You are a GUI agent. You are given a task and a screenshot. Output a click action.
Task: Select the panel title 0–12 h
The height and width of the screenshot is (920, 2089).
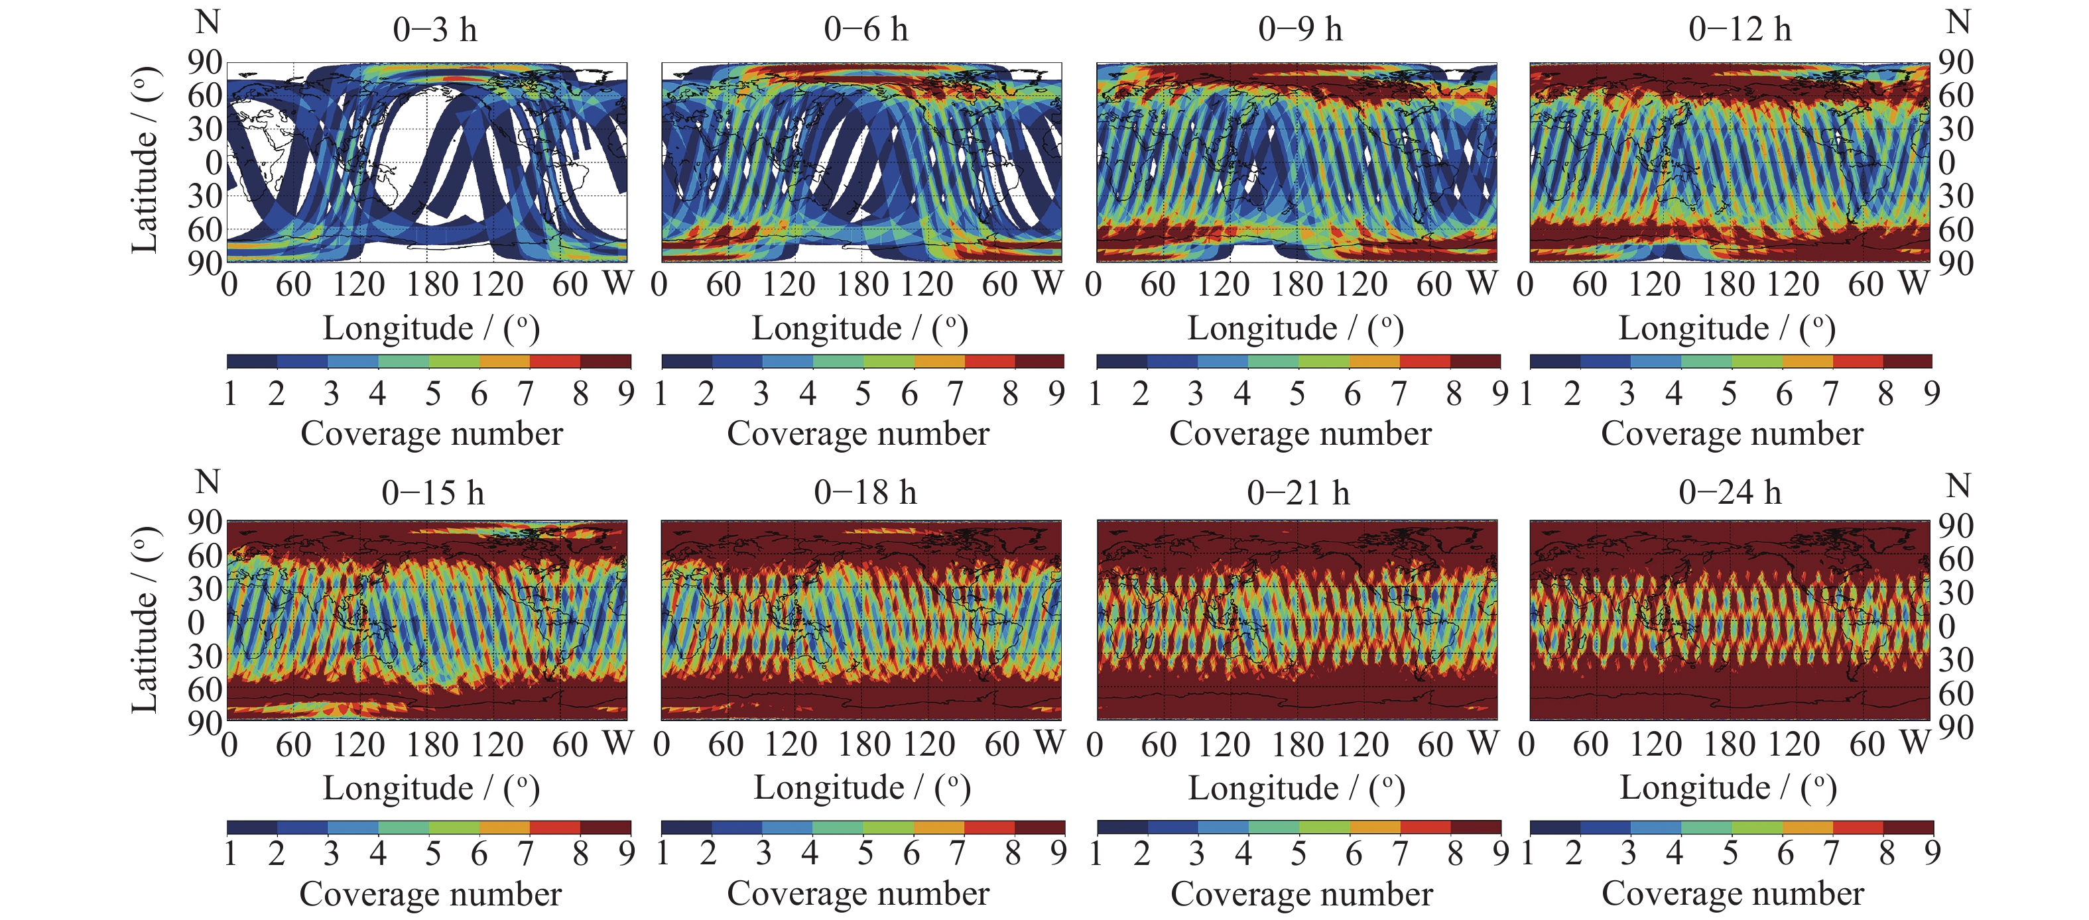1740,29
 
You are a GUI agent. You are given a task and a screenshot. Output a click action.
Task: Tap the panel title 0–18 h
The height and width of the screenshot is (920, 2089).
865,492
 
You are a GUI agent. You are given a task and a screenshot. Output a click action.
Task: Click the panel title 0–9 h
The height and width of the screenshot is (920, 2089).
1300,29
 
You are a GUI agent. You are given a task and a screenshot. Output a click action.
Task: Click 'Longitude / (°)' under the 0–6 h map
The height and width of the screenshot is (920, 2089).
859,328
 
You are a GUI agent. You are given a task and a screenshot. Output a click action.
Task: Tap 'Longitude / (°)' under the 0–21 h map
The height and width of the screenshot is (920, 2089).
1296,788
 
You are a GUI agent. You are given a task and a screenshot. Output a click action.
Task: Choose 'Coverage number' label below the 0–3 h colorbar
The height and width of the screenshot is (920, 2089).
432,433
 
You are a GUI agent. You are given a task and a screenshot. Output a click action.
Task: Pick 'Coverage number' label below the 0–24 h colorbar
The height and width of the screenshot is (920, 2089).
1732,893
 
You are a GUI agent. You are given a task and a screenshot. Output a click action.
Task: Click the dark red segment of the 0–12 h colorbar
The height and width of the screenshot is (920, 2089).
1907,361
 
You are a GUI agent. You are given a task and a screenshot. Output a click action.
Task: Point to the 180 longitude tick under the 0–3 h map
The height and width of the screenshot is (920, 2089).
432,284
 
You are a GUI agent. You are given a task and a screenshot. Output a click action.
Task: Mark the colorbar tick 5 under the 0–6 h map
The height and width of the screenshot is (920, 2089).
862,394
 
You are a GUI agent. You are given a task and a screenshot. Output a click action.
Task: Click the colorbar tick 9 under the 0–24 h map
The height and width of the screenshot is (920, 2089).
1932,852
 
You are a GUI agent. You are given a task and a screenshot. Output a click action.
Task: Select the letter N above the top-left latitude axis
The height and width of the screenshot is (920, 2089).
208,22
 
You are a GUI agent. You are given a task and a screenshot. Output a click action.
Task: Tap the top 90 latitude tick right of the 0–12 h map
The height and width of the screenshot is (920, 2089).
1956,62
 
